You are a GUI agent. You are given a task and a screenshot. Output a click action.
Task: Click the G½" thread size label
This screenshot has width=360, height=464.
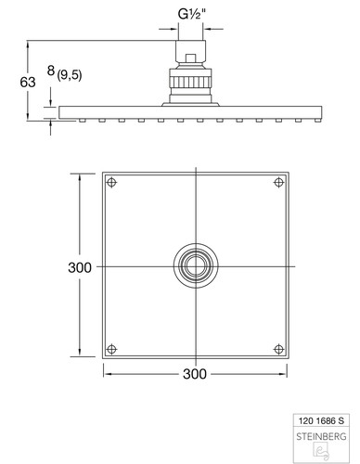tap(192, 15)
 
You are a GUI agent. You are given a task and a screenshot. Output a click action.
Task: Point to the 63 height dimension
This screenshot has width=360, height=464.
tap(28, 83)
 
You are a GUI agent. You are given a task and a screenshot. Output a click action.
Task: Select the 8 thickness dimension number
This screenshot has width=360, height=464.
tap(51, 71)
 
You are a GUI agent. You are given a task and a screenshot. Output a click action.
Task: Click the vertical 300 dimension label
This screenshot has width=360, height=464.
tap(80, 267)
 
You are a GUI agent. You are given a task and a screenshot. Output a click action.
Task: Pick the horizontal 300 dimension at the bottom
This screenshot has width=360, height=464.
tap(195, 374)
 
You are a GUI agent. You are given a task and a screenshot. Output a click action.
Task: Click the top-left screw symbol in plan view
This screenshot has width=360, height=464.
tap(111, 183)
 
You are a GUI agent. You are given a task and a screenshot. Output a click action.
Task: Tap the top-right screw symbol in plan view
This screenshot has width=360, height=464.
tap(279, 183)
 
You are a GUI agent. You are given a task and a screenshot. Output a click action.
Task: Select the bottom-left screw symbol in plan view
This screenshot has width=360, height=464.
tap(111, 350)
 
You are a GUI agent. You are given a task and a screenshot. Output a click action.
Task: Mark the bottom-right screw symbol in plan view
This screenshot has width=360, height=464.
tap(279, 350)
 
